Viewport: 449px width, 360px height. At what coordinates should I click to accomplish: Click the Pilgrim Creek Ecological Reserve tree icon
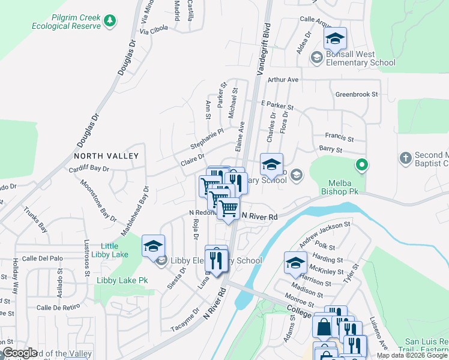point(109,22)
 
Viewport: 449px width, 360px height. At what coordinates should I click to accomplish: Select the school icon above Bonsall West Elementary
point(334,40)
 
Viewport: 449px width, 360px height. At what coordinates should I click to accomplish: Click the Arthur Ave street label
point(283,79)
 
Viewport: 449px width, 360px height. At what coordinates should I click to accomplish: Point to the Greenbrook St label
point(357,94)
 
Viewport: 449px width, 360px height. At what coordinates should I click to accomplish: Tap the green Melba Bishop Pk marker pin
point(361,163)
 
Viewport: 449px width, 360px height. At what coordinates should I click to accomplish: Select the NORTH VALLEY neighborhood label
point(106,156)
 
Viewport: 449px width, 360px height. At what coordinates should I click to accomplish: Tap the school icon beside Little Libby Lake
point(153,245)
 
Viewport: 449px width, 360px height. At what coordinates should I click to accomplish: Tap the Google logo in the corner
point(20,353)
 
